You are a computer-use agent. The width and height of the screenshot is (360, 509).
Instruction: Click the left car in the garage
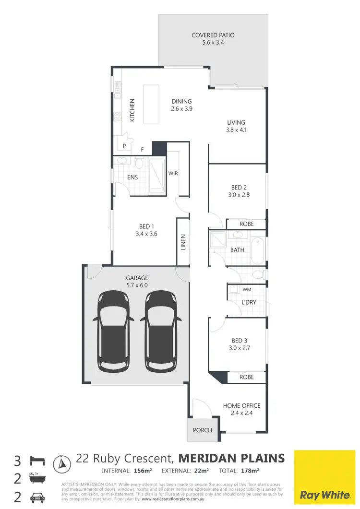113,331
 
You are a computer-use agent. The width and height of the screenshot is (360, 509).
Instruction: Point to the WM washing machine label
247,289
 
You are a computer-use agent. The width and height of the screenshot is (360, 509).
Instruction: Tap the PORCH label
203,430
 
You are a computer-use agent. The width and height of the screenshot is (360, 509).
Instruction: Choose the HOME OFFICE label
241,406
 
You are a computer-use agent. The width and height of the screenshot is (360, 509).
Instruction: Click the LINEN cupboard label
183,242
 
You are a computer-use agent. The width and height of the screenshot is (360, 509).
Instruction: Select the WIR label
173,173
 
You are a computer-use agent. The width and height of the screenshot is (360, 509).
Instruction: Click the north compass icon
61,463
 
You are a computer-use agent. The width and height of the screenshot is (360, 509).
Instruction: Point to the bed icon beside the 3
37,461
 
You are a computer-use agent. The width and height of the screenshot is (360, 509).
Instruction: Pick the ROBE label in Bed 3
246,377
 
